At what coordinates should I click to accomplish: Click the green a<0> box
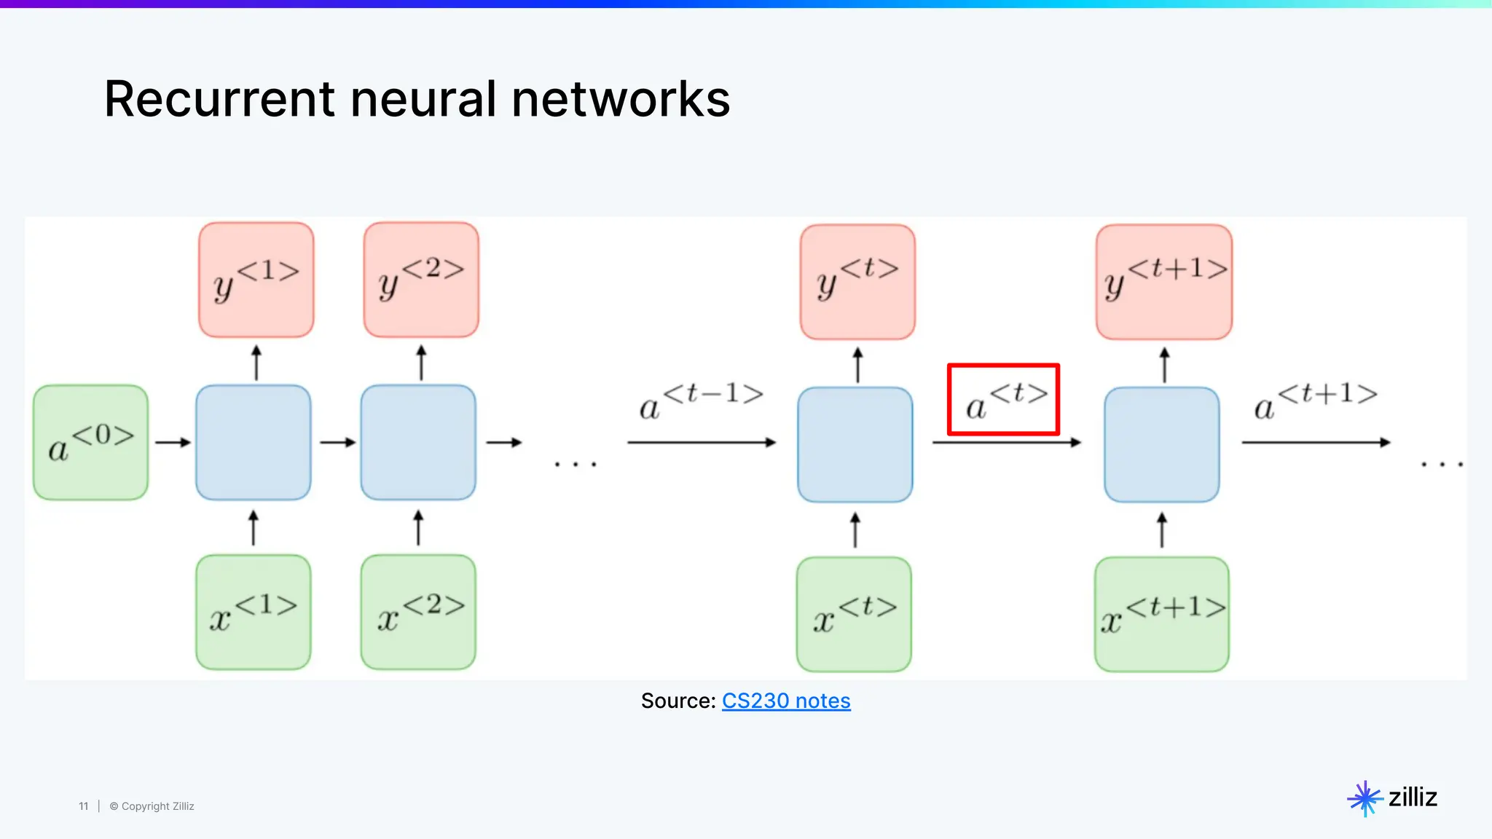90,442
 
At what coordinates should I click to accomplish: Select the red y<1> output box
256,280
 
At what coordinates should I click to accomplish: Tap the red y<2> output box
421,280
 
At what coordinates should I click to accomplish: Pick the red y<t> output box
857,282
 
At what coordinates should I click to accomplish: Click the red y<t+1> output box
1163,282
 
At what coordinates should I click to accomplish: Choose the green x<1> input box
254,612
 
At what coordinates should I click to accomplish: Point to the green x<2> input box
418,612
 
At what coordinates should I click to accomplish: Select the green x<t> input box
854,615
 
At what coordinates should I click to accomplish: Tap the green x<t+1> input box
1161,615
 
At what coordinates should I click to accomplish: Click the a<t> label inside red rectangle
1004,400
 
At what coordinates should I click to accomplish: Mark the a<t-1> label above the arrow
701,400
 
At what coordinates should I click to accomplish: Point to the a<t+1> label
1315,400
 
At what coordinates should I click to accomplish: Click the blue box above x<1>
254,442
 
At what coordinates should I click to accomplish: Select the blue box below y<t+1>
1161,444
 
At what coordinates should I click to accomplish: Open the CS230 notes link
785,701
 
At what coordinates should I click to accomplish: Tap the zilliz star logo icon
1365,798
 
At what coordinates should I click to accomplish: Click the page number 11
83,806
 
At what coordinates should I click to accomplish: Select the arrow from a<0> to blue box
173,442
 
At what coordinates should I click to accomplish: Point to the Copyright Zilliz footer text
152,806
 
